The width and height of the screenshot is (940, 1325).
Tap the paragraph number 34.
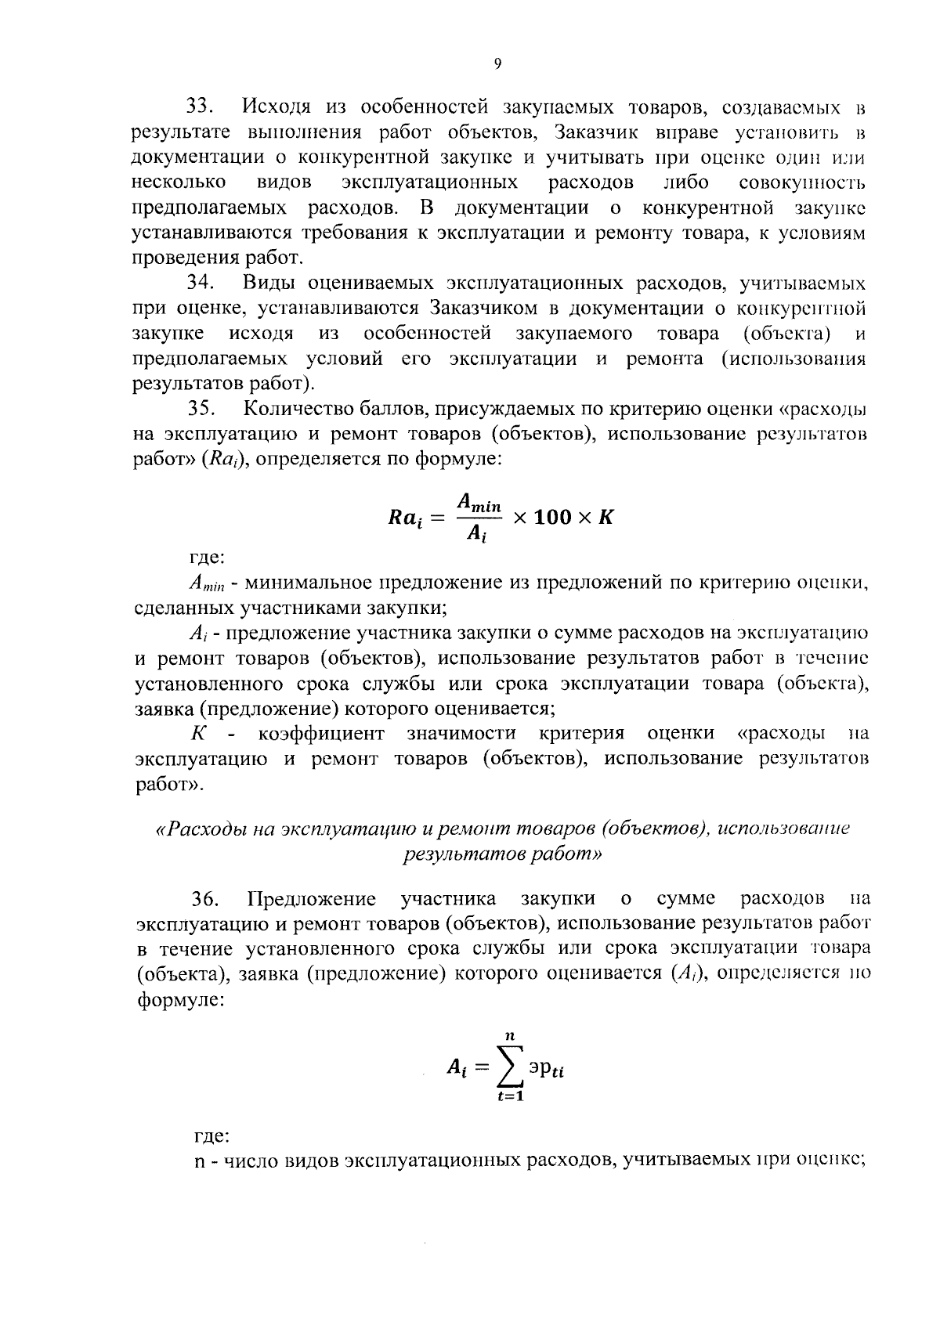tap(203, 283)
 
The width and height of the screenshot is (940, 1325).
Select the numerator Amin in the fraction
tap(479, 502)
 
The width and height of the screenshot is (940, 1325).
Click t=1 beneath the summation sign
tap(510, 1096)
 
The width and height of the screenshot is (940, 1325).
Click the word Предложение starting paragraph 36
tap(311, 899)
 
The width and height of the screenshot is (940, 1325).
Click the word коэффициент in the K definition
tap(320, 734)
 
